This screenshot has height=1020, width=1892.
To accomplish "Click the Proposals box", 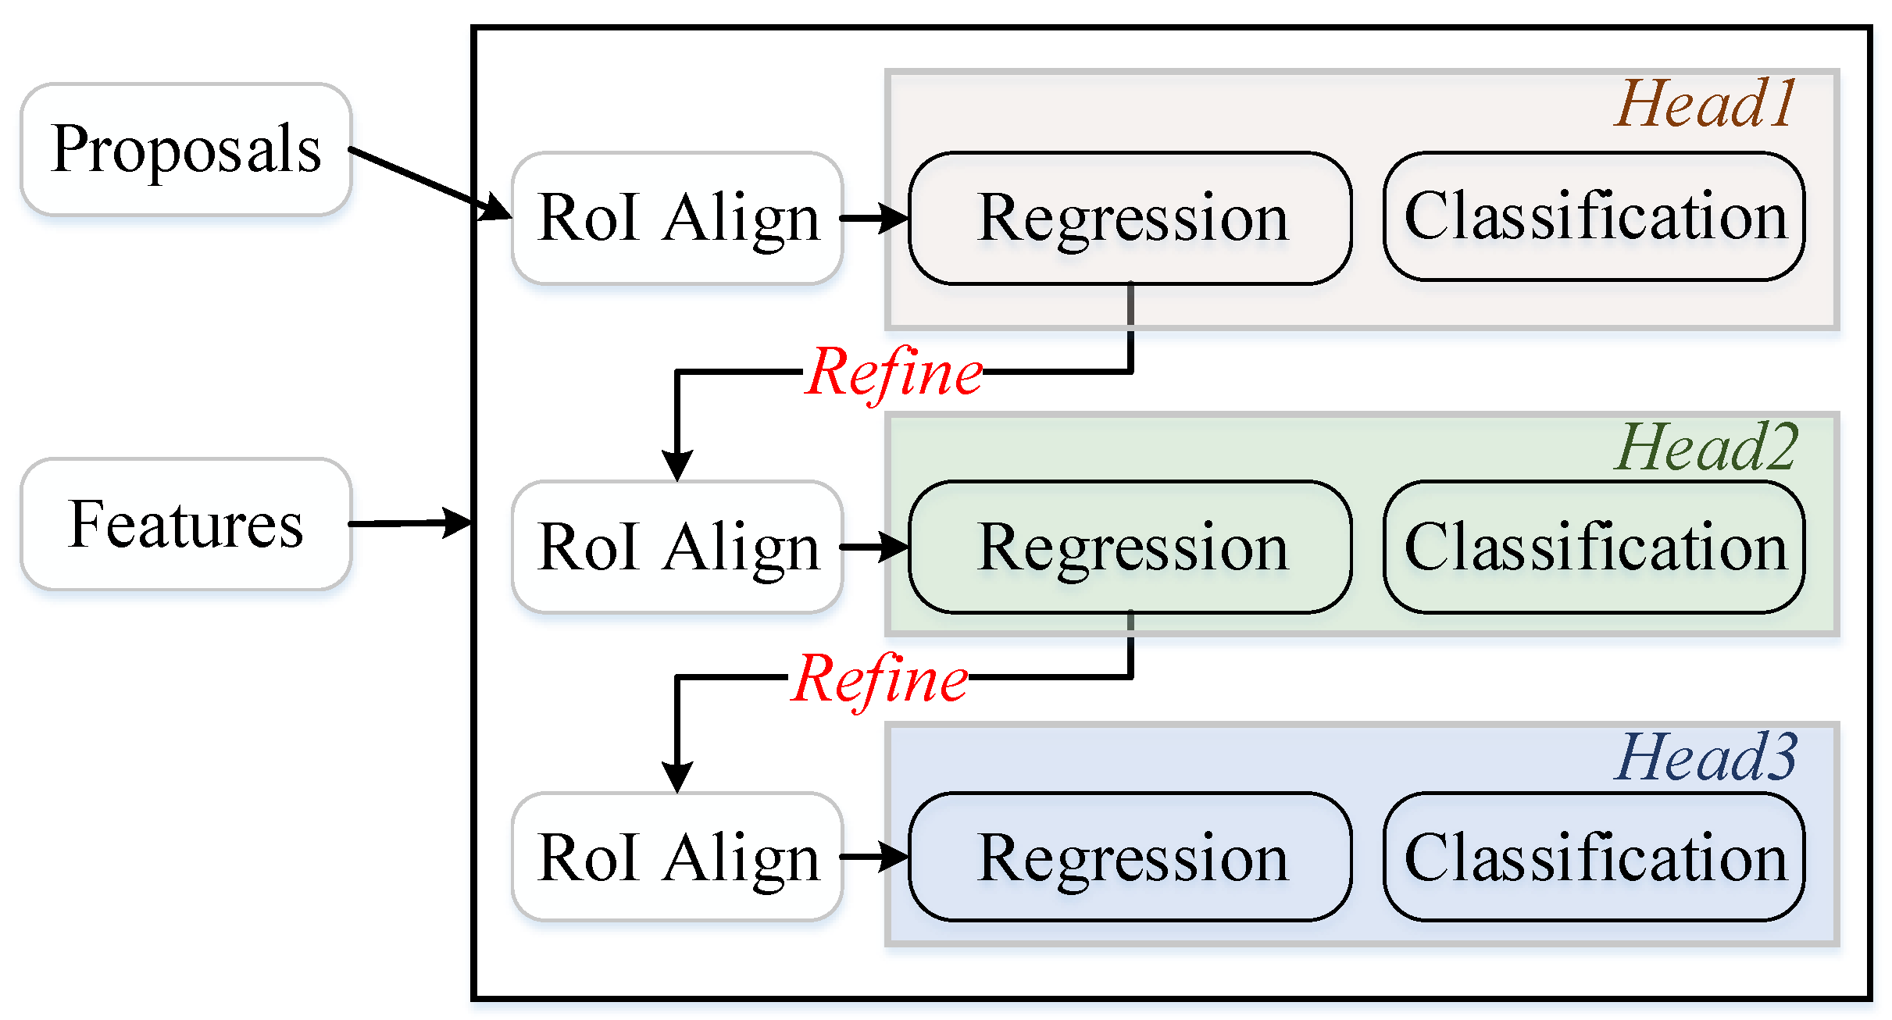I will [x=186, y=149].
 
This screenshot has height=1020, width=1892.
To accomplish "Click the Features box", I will [x=186, y=524].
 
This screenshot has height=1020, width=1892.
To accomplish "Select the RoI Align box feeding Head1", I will [x=677, y=218].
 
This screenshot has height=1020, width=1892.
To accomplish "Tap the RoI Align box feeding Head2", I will [x=677, y=547].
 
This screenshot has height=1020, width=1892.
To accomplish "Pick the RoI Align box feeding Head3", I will [x=677, y=857].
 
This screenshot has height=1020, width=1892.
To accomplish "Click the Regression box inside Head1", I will [x=1130, y=218].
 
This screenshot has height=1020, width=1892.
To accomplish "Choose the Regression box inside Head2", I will [x=1130, y=547].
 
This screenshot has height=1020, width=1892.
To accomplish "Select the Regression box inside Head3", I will [x=1130, y=857].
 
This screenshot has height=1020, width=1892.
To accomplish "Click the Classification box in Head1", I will [x=1594, y=216].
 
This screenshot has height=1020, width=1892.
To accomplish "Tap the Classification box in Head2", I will [x=1594, y=547].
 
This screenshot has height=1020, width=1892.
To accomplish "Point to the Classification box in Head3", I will [x=1594, y=857].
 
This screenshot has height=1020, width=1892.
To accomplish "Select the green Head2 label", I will [x=1705, y=447].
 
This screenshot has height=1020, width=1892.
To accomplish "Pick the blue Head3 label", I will [x=1705, y=758].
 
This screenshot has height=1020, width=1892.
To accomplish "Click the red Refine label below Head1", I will [x=894, y=373].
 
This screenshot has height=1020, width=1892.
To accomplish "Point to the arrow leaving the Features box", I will [x=410, y=523].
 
